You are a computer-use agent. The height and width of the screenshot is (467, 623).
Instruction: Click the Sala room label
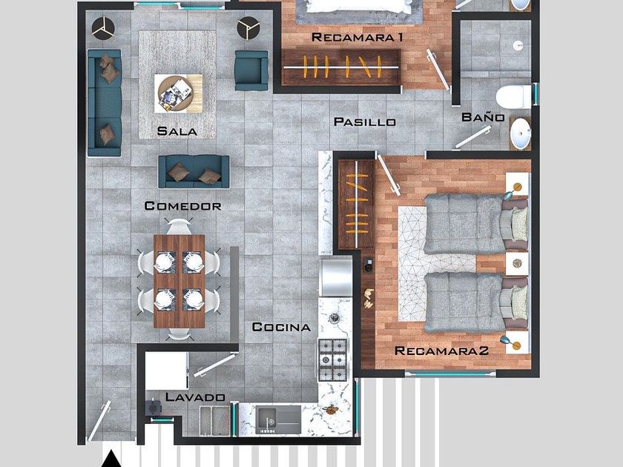tap(177, 131)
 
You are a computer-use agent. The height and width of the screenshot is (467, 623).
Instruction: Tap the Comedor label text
tap(182, 206)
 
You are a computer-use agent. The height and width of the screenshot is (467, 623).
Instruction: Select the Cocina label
tap(281, 327)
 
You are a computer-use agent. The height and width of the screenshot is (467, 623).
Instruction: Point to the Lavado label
tap(195, 397)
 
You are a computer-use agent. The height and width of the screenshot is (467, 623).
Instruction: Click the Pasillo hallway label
tap(365, 122)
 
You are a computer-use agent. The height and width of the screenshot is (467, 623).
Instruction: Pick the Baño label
tap(483, 117)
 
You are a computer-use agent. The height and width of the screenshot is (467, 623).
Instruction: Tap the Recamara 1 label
tap(357, 37)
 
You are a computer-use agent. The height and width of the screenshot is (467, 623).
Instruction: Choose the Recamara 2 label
tap(441, 351)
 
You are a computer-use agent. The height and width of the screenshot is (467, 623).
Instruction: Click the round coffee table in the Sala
tap(176, 93)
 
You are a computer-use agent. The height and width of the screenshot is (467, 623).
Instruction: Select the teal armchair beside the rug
tap(251, 70)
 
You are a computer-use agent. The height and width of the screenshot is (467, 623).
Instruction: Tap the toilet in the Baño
tap(513, 97)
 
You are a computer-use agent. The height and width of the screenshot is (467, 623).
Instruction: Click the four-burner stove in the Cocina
tap(332, 360)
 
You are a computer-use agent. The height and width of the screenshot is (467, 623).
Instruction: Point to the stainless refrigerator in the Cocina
tap(336, 277)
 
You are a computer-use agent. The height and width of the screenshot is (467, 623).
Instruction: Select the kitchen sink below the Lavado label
tap(278, 420)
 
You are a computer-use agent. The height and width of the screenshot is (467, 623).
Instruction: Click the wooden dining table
tap(179, 281)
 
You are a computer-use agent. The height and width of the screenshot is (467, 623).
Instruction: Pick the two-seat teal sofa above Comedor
tap(194, 171)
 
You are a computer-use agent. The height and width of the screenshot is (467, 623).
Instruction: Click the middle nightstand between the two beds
tap(516, 263)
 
